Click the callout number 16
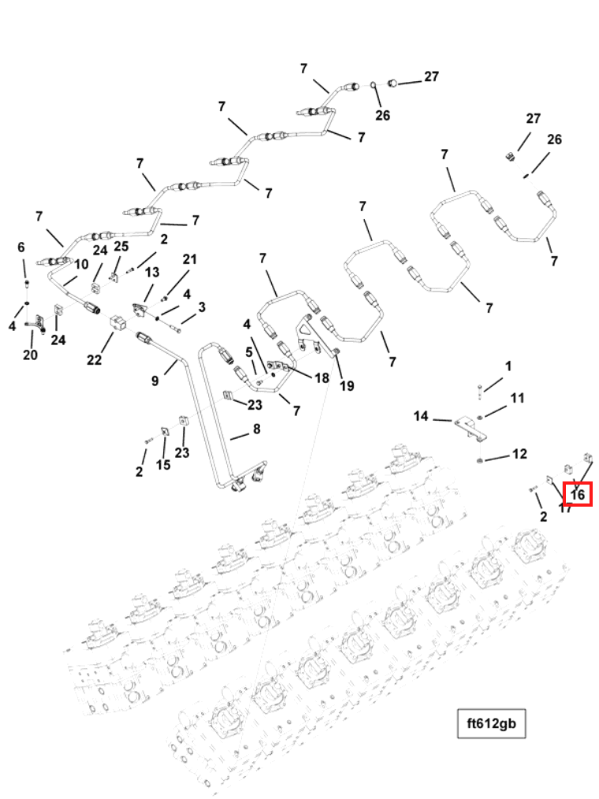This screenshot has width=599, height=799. pos(578,495)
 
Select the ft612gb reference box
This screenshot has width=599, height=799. pos(491,723)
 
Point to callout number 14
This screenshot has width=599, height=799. pos(421,415)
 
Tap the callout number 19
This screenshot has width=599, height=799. pos(347,385)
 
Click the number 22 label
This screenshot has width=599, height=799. pos(95,360)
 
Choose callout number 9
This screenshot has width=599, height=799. pos(155,381)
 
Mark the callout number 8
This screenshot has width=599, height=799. pos(256,430)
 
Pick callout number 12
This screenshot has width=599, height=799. pos(519,454)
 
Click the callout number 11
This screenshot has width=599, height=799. pos(517,398)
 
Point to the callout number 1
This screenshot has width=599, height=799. pos(508,366)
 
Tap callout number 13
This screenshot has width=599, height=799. pos(151,272)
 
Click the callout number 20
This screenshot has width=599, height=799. pos(30,355)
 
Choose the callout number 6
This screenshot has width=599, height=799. pos(21,247)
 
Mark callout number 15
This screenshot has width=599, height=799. pos(163,465)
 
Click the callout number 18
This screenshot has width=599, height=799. pos(322,378)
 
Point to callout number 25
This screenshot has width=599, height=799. pos(121,247)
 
